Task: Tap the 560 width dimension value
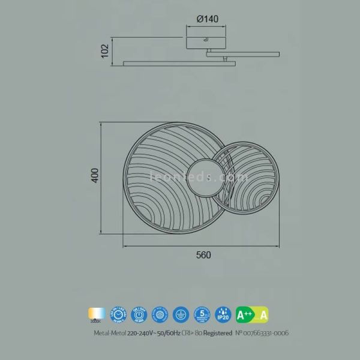click(x=204, y=254)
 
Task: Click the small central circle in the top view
click(x=205, y=178)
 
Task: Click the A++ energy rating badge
click(x=244, y=314)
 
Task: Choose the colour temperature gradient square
click(x=97, y=313)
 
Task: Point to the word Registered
click(x=216, y=332)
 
